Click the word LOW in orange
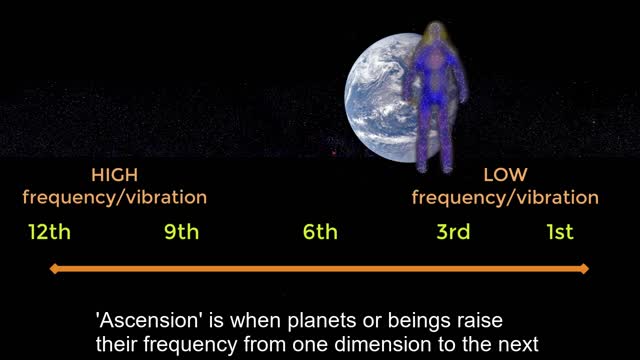(505, 174)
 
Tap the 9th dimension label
(182, 233)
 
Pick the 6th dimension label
(320, 233)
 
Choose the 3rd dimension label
(452, 233)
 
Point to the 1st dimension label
(560, 233)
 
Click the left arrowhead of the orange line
(56, 268)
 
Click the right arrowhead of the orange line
(584, 268)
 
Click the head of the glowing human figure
(437, 39)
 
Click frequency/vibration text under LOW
(505, 197)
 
